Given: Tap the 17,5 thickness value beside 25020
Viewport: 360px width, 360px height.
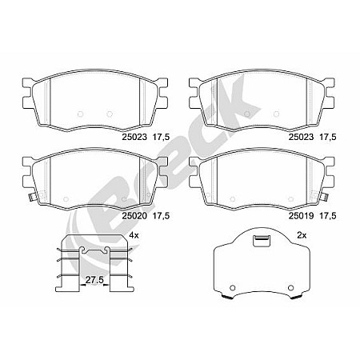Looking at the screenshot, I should (162, 215).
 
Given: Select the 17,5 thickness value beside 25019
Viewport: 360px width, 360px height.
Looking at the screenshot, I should (326, 215).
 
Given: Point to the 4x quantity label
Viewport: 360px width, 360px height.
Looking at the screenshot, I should (134, 235).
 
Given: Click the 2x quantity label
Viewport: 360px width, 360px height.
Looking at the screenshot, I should (302, 235).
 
